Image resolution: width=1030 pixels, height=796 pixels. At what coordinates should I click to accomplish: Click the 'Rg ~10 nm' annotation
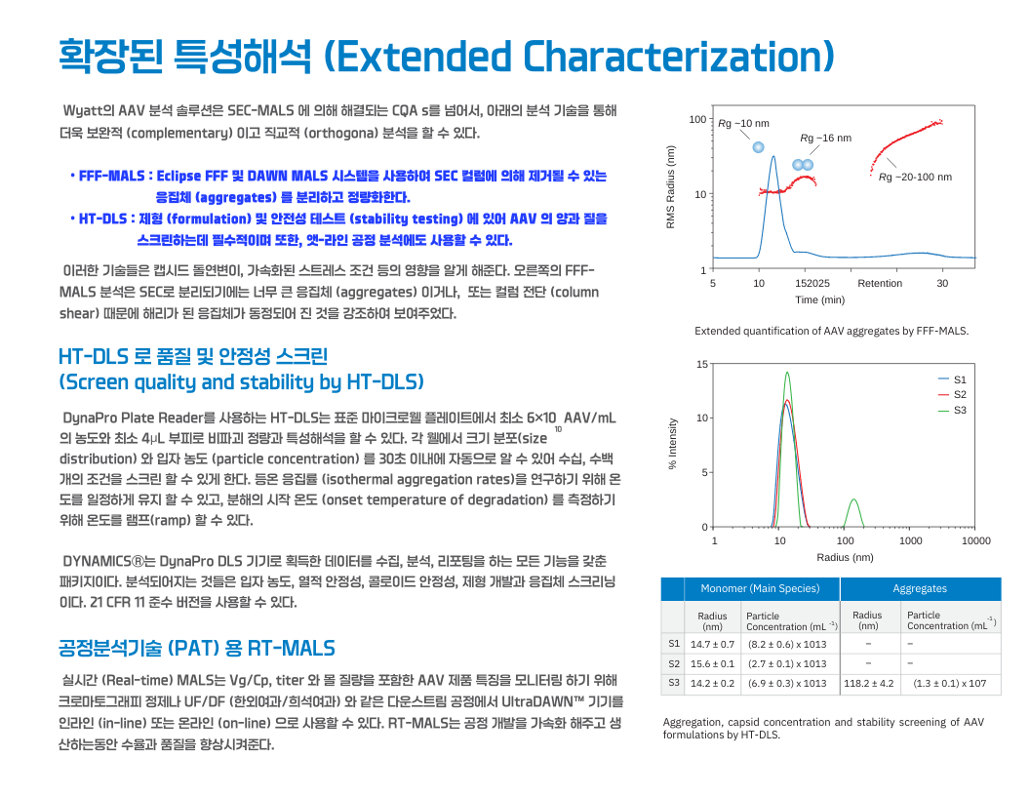tap(743, 124)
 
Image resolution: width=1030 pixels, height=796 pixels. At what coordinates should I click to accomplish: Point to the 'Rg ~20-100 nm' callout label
tap(915, 177)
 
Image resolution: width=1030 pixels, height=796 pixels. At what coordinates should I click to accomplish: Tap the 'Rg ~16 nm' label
tap(825, 139)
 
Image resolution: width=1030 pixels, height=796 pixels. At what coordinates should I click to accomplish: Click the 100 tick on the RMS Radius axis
tap(697, 120)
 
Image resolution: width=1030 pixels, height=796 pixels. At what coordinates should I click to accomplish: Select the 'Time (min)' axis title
tap(819, 299)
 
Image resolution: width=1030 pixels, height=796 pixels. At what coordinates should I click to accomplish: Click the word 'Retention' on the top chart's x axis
tap(880, 283)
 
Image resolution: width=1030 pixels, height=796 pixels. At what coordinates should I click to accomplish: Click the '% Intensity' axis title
tap(673, 444)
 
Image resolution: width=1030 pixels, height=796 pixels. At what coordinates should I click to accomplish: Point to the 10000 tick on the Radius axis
tap(975, 540)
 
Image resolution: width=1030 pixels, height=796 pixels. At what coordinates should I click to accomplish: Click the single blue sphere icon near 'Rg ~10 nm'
tap(758, 147)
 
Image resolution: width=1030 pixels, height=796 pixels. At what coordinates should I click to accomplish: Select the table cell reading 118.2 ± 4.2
tap(868, 683)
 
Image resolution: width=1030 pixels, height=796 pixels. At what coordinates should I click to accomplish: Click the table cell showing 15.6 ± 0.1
tap(712, 663)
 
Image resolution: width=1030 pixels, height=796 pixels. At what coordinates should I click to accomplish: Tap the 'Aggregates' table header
tap(920, 588)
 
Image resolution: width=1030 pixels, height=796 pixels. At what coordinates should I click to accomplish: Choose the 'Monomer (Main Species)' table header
tap(760, 588)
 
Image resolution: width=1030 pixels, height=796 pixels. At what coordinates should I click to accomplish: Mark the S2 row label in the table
tap(673, 663)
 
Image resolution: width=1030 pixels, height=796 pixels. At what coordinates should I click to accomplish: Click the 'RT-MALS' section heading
tap(196, 648)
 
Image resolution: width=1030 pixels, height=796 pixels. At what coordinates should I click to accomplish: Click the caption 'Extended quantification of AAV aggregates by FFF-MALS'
tap(831, 331)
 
